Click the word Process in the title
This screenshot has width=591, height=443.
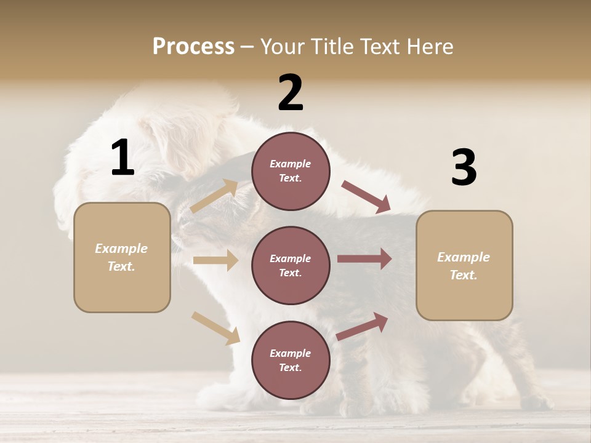[x=193, y=46]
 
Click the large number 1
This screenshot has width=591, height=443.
[x=123, y=158]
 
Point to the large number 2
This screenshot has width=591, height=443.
[x=291, y=93]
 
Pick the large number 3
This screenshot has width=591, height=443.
[x=464, y=167]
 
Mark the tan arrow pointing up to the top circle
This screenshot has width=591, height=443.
[x=214, y=196]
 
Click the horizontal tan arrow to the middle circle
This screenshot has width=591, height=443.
[x=215, y=260]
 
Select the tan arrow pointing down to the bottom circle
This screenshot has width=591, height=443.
[x=215, y=328]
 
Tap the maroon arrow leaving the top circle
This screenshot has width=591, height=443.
[x=366, y=197]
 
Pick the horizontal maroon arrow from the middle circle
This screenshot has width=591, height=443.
[x=364, y=258]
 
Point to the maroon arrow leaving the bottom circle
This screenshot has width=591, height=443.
[x=363, y=326]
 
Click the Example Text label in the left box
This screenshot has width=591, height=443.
[x=121, y=257]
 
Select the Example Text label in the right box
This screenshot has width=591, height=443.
[x=464, y=266]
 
